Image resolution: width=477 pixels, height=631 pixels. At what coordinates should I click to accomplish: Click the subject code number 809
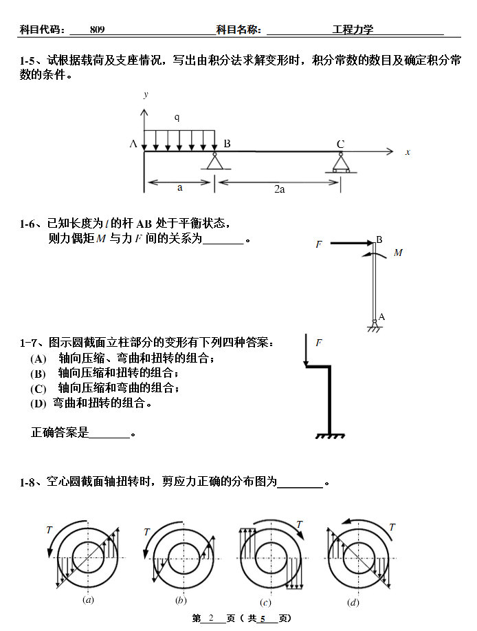click(x=97, y=30)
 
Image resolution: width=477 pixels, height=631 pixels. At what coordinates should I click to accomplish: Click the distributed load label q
click(x=177, y=118)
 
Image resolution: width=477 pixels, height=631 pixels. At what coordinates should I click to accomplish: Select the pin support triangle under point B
click(x=215, y=162)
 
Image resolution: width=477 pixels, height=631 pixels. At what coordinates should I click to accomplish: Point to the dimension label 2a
click(x=279, y=189)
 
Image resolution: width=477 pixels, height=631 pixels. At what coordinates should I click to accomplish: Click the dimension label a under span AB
click(x=179, y=188)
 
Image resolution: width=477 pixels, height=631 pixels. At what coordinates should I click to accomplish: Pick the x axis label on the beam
click(x=408, y=152)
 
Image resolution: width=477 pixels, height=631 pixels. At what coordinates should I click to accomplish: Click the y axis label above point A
click(x=146, y=94)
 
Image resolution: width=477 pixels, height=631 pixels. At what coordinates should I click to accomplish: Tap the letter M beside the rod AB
click(x=398, y=253)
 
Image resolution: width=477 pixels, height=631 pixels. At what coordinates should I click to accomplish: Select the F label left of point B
click(x=319, y=244)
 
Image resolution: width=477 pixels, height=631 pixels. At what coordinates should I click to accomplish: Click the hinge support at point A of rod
click(x=374, y=324)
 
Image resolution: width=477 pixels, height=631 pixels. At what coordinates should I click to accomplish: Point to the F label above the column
click(x=319, y=342)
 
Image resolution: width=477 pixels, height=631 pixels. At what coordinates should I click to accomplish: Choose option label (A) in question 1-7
click(x=38, y=359)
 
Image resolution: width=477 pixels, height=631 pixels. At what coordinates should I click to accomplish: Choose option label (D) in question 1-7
click(x=38, y=404)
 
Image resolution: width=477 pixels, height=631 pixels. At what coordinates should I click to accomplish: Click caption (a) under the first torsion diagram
click(x=88, y=600)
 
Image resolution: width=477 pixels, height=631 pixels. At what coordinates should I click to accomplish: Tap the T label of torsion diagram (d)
click(x=392, y=527)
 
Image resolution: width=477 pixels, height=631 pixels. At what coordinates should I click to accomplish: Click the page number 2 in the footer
click(x=212, y=619)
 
